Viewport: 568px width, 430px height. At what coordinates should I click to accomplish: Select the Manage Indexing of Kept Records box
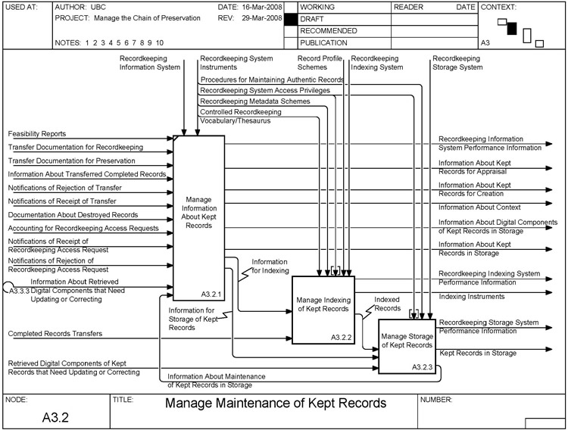323,304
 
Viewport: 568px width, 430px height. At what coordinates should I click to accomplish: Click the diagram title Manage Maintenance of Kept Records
276,403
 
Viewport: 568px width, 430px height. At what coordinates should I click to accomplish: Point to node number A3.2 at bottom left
54,416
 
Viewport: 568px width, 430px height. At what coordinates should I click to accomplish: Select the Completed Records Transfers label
55,333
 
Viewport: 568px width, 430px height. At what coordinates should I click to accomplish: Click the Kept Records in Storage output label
477,353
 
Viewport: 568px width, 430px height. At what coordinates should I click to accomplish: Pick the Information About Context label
479,207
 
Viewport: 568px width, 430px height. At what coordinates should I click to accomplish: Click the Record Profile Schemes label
320,62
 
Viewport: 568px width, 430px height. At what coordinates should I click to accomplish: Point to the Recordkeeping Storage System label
456,62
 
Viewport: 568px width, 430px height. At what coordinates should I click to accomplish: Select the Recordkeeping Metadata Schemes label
254,101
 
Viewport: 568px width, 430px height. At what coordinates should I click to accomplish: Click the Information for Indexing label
270,266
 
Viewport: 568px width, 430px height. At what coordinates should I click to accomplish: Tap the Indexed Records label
387,304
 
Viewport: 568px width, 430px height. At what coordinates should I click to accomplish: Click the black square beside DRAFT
291,19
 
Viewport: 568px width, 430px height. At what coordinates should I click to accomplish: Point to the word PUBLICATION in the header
325,43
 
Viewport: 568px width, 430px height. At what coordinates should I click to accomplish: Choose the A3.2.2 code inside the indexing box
342,337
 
